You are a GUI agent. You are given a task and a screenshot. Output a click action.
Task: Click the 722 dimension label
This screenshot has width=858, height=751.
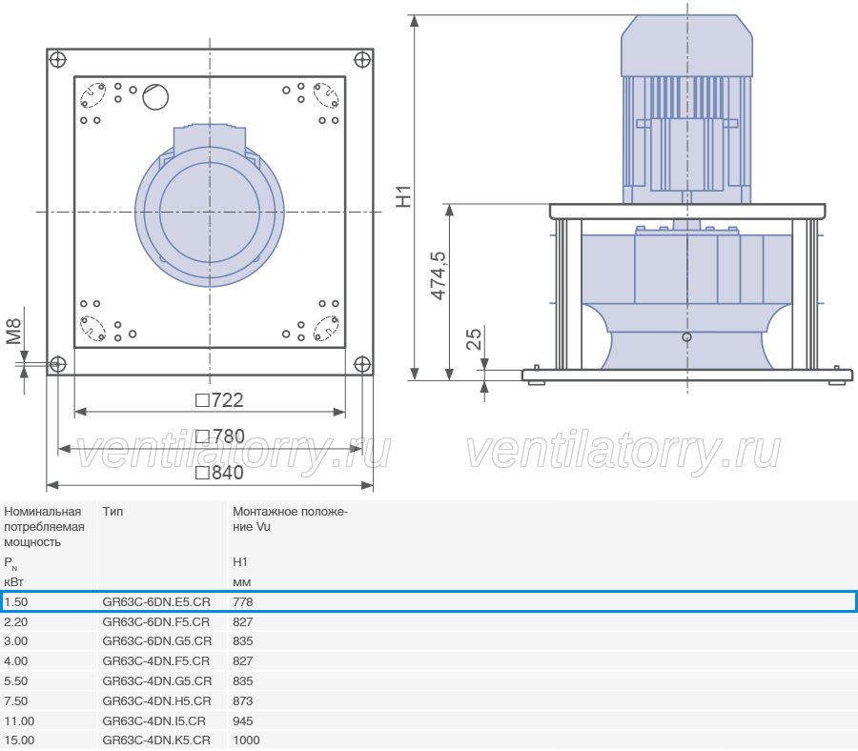(x=219, y=400)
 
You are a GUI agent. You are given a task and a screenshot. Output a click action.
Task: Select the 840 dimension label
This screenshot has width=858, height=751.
(x=219, y=473)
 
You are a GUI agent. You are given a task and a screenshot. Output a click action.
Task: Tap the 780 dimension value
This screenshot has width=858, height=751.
(x=220, y=436)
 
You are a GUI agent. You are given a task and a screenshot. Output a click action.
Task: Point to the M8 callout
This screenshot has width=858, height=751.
(x=13, y=332)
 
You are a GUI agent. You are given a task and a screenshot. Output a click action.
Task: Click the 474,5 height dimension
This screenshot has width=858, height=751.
(x=439, y=275)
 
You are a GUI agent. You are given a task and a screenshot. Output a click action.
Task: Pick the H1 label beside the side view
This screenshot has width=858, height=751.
(x=403, y=196)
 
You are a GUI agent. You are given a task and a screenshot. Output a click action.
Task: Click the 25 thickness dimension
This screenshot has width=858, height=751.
(x=474, y=339)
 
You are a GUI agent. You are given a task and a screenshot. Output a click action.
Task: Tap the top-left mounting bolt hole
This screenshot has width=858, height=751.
(x=57, y=60)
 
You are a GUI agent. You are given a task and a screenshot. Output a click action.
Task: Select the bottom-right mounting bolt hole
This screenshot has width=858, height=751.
(x=362, y=364)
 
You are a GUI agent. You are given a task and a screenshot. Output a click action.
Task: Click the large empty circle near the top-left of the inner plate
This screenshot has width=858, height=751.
(x=155, y=97)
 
